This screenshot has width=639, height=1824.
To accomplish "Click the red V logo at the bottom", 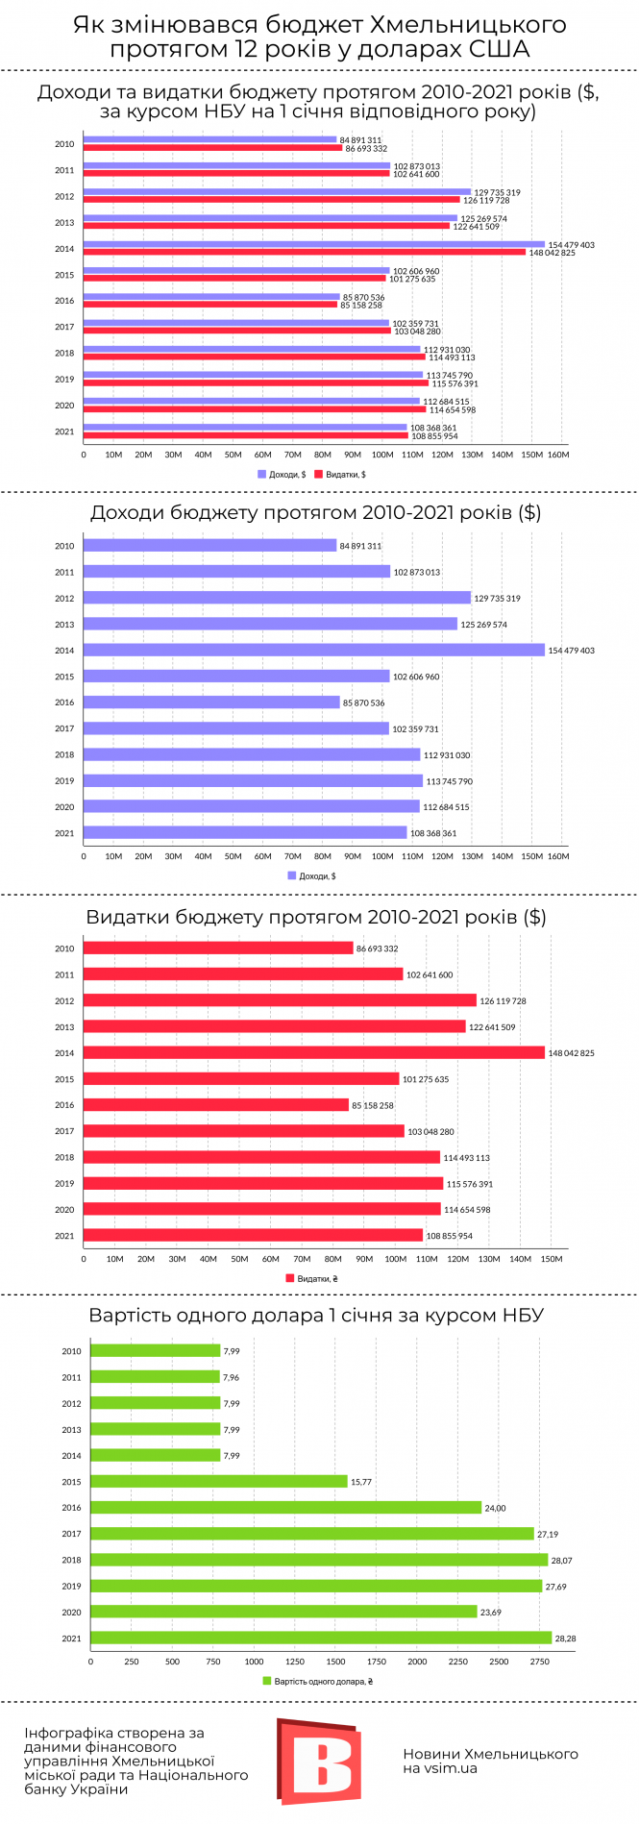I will (319, 1761).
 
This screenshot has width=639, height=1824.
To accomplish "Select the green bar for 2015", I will (219, 1481).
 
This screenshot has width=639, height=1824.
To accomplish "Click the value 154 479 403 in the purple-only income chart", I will (571, 651).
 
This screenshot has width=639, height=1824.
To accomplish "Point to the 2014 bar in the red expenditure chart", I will (314, 1052).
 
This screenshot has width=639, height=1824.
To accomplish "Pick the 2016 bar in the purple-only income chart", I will (211, 702).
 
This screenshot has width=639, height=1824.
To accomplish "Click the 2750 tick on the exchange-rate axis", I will (541, 1661).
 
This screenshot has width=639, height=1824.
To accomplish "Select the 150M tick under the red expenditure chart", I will (552, 1259).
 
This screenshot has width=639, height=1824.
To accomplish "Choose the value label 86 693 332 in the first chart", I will (366, 149).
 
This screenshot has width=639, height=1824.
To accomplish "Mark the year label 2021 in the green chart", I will (71, 1639).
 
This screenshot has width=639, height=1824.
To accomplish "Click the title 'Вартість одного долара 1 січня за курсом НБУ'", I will (316, 1315).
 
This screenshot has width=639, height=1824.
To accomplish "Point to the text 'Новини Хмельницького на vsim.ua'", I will (490, 1761).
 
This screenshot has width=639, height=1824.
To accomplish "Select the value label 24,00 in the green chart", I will (495, 1508).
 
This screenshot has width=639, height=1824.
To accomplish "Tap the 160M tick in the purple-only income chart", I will (557, 856).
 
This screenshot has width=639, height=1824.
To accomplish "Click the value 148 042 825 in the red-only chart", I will (571, 1053).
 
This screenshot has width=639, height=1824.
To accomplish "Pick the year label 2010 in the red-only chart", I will (64, 949).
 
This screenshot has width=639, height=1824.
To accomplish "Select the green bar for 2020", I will (284, 1612).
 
